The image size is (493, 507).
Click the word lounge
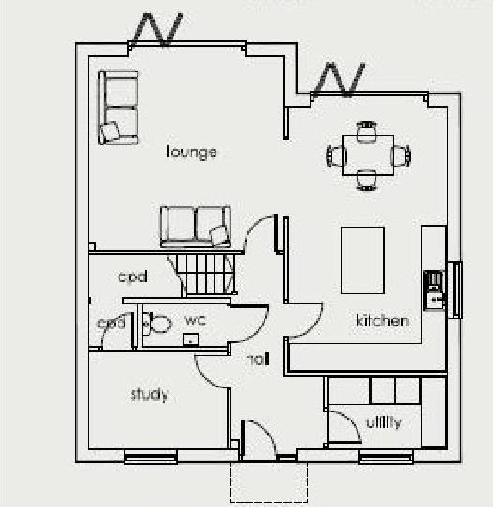[192, 151]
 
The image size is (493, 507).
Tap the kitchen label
[382, 321]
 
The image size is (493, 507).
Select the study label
[150, 394]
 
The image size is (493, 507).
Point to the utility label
[383, 422]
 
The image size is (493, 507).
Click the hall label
[258, 359]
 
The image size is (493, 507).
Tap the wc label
[195, 320]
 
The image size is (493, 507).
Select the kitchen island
[362, 259]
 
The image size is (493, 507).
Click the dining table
[368, 154]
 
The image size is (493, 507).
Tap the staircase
[206, 272]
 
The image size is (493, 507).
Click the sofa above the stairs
[196, 226]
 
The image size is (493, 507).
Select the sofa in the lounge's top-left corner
[119, 106]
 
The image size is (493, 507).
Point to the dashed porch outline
[269, 483]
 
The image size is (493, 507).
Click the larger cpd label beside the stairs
[132, 277]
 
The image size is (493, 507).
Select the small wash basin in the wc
[191, 339]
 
